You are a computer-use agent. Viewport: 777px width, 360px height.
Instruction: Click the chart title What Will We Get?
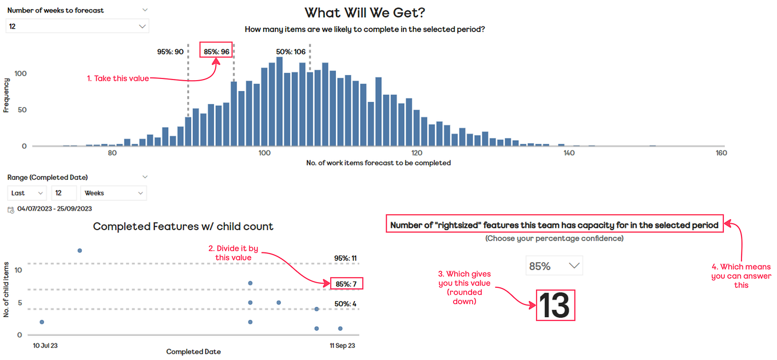(364, 13)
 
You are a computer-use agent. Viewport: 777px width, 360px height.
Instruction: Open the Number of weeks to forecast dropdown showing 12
(77, 26)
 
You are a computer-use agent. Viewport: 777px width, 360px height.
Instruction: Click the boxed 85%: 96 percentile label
(217, 52)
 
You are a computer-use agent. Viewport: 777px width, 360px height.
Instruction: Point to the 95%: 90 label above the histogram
(170, 52)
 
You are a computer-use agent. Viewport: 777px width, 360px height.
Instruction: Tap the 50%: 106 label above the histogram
(290, 52)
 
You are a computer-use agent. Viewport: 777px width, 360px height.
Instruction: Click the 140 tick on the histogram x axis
(569, 153)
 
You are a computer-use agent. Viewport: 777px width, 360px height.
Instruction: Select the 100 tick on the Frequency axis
(21, 73)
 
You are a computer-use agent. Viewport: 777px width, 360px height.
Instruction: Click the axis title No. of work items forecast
(378, 163)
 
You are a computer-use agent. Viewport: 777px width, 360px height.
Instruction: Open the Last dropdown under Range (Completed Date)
(27, 193)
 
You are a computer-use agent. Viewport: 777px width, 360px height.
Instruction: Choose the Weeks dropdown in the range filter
(113, 193)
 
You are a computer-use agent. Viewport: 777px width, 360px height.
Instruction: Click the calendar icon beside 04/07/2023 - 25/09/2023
(10, 209)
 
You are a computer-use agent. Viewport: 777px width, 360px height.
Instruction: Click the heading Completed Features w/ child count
(183, 227)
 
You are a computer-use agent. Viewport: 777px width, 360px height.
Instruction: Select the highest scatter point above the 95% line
(80, 251)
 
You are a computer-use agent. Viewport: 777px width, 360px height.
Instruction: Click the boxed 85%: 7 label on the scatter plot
(346, 283)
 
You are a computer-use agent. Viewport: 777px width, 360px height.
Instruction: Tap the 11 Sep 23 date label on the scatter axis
(342, 346)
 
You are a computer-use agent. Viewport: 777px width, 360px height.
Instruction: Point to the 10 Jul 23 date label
(45, 346)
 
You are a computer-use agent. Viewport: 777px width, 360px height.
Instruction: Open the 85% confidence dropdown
(554, 266)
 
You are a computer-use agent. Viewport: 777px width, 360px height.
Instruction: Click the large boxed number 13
(554, 305)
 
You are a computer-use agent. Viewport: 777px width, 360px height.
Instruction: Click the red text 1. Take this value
(118, 78)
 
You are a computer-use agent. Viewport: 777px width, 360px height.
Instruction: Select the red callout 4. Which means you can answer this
(741, 276)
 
